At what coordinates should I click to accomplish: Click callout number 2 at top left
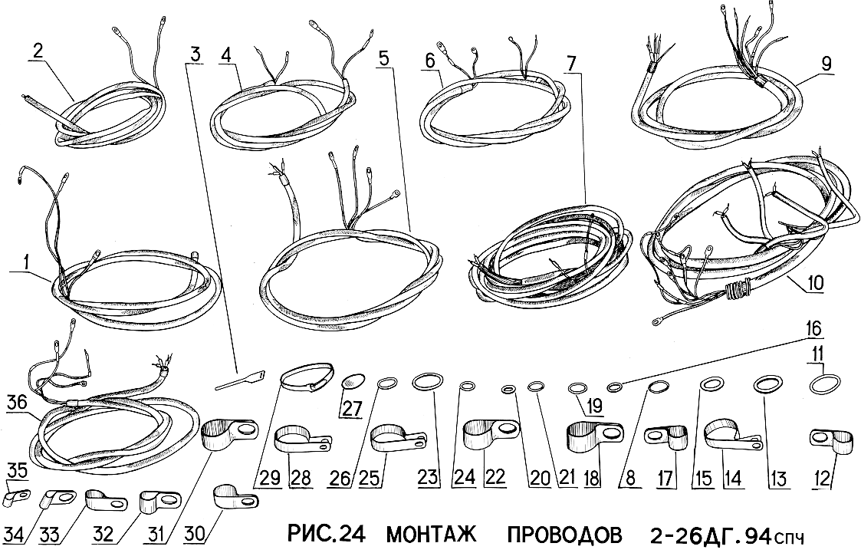38,51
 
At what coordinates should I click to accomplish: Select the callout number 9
826,63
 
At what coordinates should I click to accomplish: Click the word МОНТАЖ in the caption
432,534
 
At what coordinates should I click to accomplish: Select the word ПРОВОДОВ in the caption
565,534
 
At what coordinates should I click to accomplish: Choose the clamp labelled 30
235,497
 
